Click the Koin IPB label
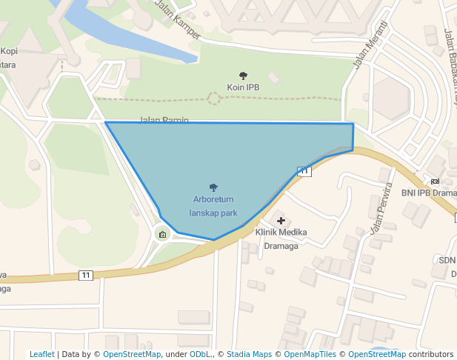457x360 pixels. (243, 87)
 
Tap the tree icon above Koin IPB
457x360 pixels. (243, 76)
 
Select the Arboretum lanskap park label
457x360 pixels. (213, 206)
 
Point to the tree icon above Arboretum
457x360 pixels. (213, 188)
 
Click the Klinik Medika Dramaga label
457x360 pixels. (281, 239)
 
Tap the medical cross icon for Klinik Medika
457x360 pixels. (281, 221)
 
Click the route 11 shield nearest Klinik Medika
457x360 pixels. (304, 172)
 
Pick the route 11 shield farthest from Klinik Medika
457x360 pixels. (86, 276)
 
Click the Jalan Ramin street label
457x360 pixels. (164, 120)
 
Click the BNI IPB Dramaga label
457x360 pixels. (429, 193)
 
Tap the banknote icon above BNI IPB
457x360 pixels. (434, 181)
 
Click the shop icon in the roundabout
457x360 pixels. (162, 236)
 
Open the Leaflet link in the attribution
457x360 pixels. (41, 355)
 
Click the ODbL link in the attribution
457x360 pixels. (200, 355)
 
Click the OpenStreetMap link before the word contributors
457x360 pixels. (377, 355)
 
